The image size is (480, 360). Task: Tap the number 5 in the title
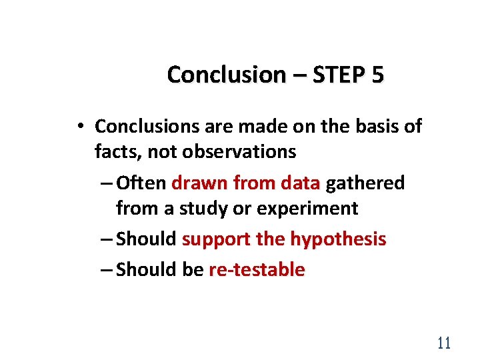pos(378,75)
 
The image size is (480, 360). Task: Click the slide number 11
pos(443,343)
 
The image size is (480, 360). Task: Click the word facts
pos(118,152)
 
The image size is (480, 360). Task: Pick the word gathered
pos(365,183)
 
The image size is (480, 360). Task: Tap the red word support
pos(213,239)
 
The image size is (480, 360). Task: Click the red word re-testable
pos(257,269)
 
